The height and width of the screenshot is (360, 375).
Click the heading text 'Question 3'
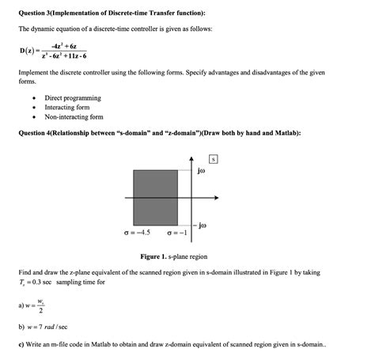(39, 13)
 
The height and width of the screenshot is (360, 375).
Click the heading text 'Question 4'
(39, 132)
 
